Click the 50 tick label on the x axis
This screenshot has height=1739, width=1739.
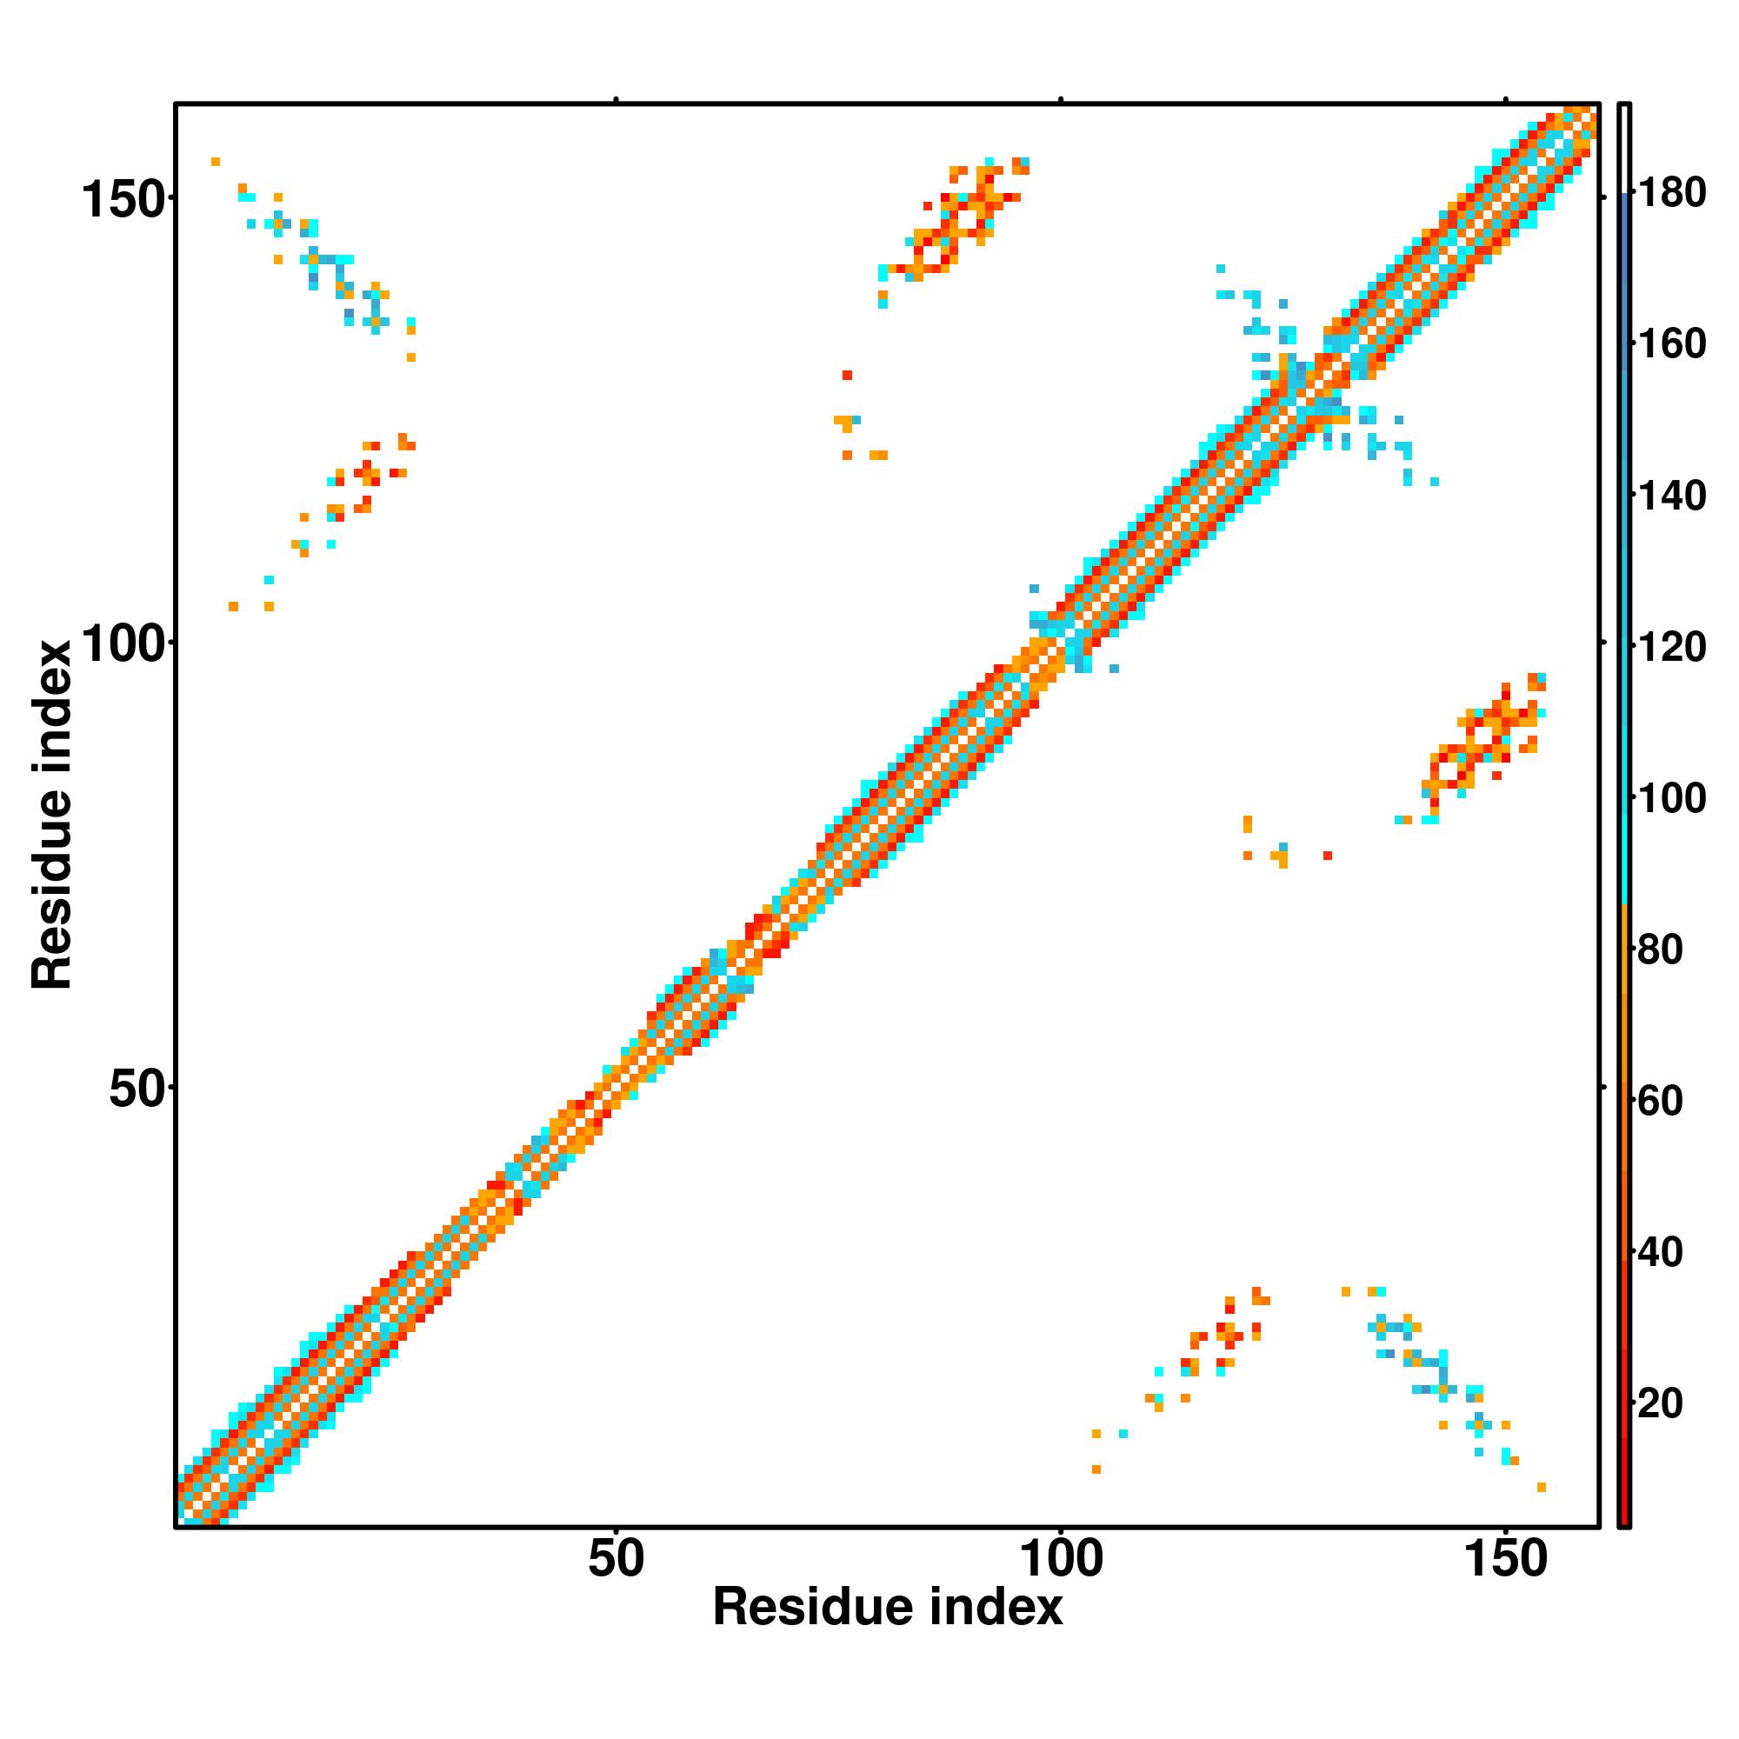[616, 1559]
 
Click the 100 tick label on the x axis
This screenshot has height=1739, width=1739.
[1060, 1559]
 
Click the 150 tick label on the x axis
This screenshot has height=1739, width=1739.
[1506, 1559]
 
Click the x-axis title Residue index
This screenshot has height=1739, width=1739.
[888, 1608]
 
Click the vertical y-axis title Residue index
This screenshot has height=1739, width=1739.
[51, 816]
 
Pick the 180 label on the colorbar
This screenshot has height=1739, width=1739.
[1671, 193]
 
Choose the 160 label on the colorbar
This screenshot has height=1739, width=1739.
[1671, 343]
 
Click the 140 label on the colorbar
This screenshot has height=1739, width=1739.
[1671, 495]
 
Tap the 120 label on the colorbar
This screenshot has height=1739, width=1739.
[1671, 646]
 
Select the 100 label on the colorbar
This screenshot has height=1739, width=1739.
[1671, 797]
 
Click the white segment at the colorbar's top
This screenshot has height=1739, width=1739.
[1625, 149]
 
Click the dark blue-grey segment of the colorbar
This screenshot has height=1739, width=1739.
[1625, 225]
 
